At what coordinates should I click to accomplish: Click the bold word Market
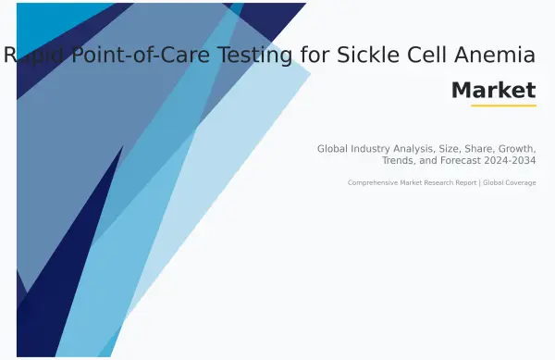[x=493, y=90]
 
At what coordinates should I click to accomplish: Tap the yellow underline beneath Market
[x=503, y=106]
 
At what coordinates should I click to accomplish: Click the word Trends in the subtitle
[x=400, y=161]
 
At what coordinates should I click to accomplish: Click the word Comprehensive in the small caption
[x=372, y=182]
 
